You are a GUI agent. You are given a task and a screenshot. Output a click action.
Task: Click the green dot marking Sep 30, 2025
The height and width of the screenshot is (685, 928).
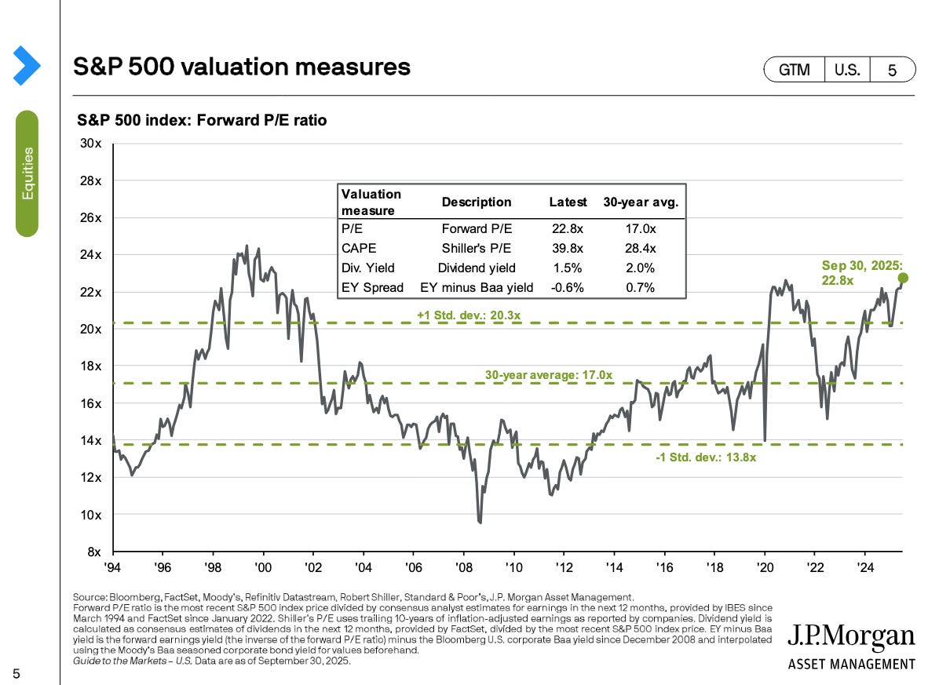(x=903, y=278)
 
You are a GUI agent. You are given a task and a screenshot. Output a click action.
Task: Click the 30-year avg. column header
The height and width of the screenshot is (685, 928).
(x=641, y=202)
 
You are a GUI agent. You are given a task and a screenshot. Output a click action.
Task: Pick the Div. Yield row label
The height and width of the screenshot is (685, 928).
(x=367, y=268)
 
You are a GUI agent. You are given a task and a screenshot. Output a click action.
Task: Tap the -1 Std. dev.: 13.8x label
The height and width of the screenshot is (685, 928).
(x=705, y=457)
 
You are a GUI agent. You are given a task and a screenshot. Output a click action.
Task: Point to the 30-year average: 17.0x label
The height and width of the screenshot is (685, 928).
(x=548, y=375)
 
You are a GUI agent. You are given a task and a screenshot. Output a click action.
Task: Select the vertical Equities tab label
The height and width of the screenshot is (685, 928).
(x=27, y=173)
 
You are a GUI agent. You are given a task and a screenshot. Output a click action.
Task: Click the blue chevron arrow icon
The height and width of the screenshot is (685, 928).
(x=27, y=66)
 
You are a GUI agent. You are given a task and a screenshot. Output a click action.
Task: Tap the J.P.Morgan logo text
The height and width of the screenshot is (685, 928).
(x=851, y=636)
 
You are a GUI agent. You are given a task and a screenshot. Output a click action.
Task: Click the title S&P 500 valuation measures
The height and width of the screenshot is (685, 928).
(x=242, y=67)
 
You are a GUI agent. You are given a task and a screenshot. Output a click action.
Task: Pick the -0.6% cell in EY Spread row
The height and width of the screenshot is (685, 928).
(x=568, y=287)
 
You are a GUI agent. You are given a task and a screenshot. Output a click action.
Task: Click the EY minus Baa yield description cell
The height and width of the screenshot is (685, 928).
(x=476, y=287)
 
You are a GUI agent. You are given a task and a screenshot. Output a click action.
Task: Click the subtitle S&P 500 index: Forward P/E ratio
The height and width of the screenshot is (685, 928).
(x=202, y=121)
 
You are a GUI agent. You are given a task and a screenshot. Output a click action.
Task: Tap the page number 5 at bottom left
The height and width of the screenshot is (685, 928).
(x=16, y=673)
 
